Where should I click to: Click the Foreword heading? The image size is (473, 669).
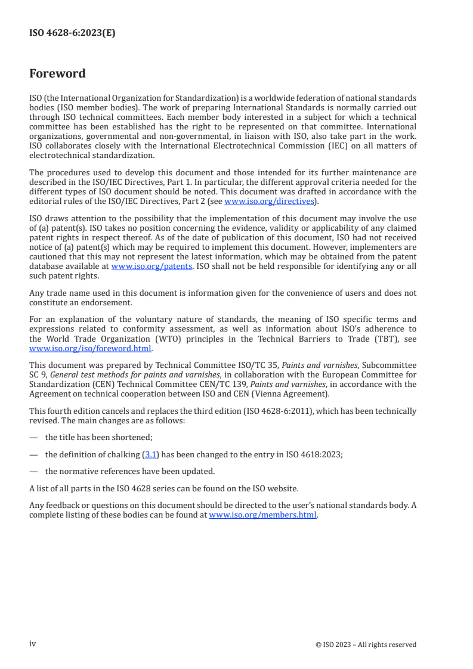57,74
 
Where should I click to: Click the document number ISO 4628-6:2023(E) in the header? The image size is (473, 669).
72,33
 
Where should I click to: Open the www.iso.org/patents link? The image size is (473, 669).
152,267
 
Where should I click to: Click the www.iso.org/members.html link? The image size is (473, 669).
262,515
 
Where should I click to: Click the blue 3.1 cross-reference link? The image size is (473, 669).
150,454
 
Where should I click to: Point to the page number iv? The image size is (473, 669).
33,644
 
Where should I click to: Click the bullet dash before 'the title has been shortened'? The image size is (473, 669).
33,437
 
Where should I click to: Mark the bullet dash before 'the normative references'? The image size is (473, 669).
33,471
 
